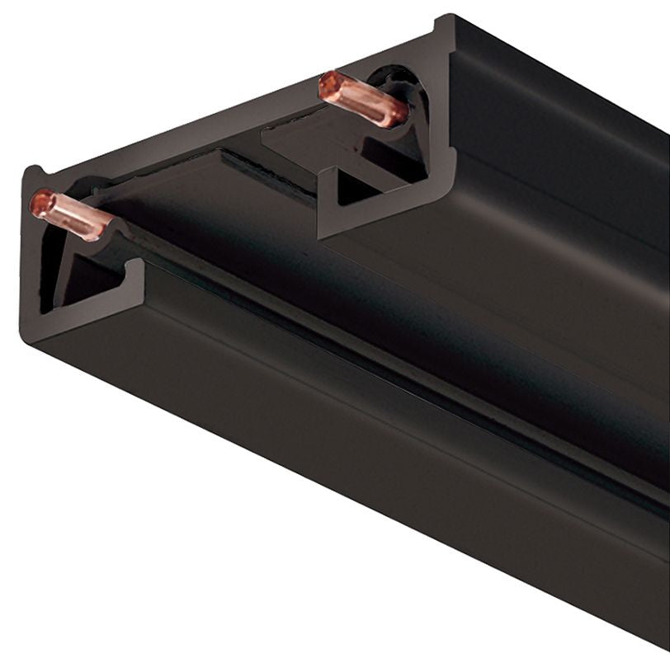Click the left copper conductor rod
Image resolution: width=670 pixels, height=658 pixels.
tap(70, 214)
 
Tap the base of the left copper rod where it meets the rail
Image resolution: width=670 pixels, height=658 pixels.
tap(107, 231)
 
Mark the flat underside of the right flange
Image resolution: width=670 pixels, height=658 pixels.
tap(495, 247)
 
